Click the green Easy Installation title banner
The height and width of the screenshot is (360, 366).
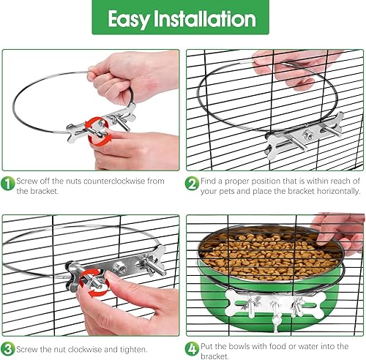coord(183,18)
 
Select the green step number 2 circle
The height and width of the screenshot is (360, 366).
coord(192,183)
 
